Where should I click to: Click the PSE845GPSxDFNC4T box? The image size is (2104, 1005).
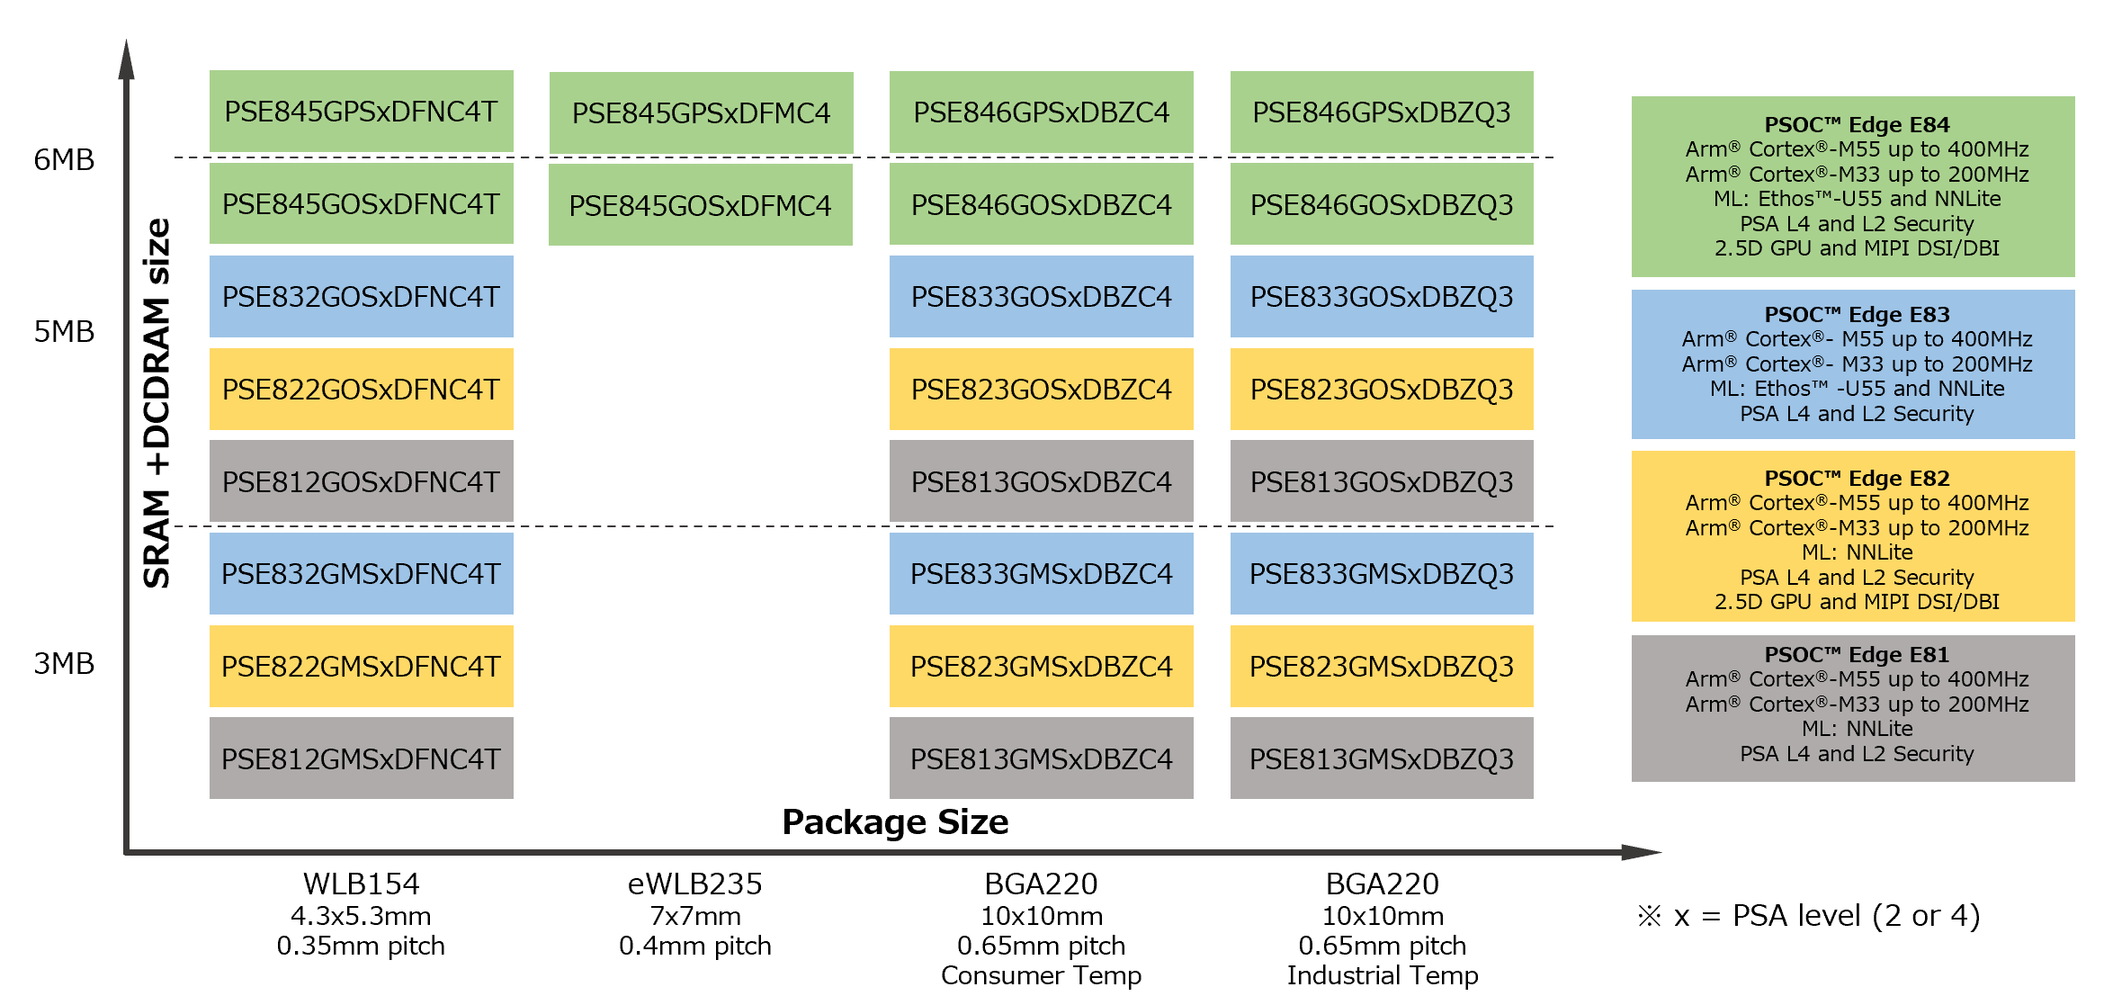pyautogui.click(x=361, y=112)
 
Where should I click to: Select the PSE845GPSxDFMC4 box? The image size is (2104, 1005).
pyautogui.click(x=701, y=113)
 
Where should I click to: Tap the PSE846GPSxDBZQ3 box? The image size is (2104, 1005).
pyautogui.click(x=1382, y=112)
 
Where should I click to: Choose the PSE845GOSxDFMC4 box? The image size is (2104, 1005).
pyautogui.click(x=700, y=205)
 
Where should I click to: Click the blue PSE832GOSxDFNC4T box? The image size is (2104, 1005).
pyautogui.click(x=361, y=297)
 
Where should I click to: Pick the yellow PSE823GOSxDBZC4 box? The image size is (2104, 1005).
pyautogui.click(x=1041, y=390)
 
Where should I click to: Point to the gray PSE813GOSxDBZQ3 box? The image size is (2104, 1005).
pyautogui.click(x=1382, y=482)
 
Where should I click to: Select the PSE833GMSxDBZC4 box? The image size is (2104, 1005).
pyautogui.click(x=1041, y=574)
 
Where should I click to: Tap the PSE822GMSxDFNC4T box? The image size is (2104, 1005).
pyautogui.click(x=361, y=667)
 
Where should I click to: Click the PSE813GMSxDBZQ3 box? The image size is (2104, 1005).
pyautogui.click(x=1382, y=759)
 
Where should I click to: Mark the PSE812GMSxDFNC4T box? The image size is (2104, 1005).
pyautogui.click(x=361, y=759)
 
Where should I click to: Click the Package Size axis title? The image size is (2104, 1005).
pyautogui.click(x=895, y=822)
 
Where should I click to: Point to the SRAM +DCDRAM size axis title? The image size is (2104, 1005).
pyautogui.click(x=157, y=403)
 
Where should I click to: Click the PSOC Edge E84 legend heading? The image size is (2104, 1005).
pyautogui.click(x=1857, y=125)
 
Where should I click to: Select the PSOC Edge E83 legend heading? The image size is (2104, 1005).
pyautogui.click(x=1857, y=315)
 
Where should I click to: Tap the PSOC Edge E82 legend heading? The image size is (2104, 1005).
pyautogui.click(x=1857, y=479)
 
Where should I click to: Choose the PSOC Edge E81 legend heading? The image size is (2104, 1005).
pyautogui.click(x=1857, y=655)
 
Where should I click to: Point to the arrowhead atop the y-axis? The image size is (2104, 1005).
pyautogui.click(x=126, y=61)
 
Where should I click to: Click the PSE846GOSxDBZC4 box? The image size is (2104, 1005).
pyautogui.click(x=1041, y=205)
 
